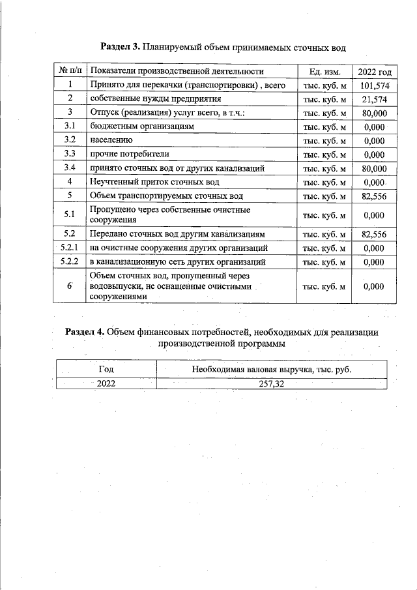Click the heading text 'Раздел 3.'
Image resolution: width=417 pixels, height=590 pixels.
pos(121,47)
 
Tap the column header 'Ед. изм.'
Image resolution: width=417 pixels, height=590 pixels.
pos(324,71)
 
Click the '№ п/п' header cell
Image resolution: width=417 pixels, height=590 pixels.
pos(69,71)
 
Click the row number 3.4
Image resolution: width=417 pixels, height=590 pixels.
pos(69,168)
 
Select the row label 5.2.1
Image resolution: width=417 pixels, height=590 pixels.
pos(69,248)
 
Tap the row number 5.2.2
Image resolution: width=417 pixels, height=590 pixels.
pos(69,261)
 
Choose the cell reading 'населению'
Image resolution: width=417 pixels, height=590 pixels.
pos(111,140)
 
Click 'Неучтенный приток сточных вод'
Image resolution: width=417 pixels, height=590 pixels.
pos(155,182)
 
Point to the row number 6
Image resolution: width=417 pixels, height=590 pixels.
pos(69,286)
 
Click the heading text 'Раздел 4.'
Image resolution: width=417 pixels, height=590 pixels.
pos(85,331)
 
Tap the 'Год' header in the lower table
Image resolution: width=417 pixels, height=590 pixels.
pos(106,369)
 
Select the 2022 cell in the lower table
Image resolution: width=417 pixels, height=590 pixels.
pos(106,383)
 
